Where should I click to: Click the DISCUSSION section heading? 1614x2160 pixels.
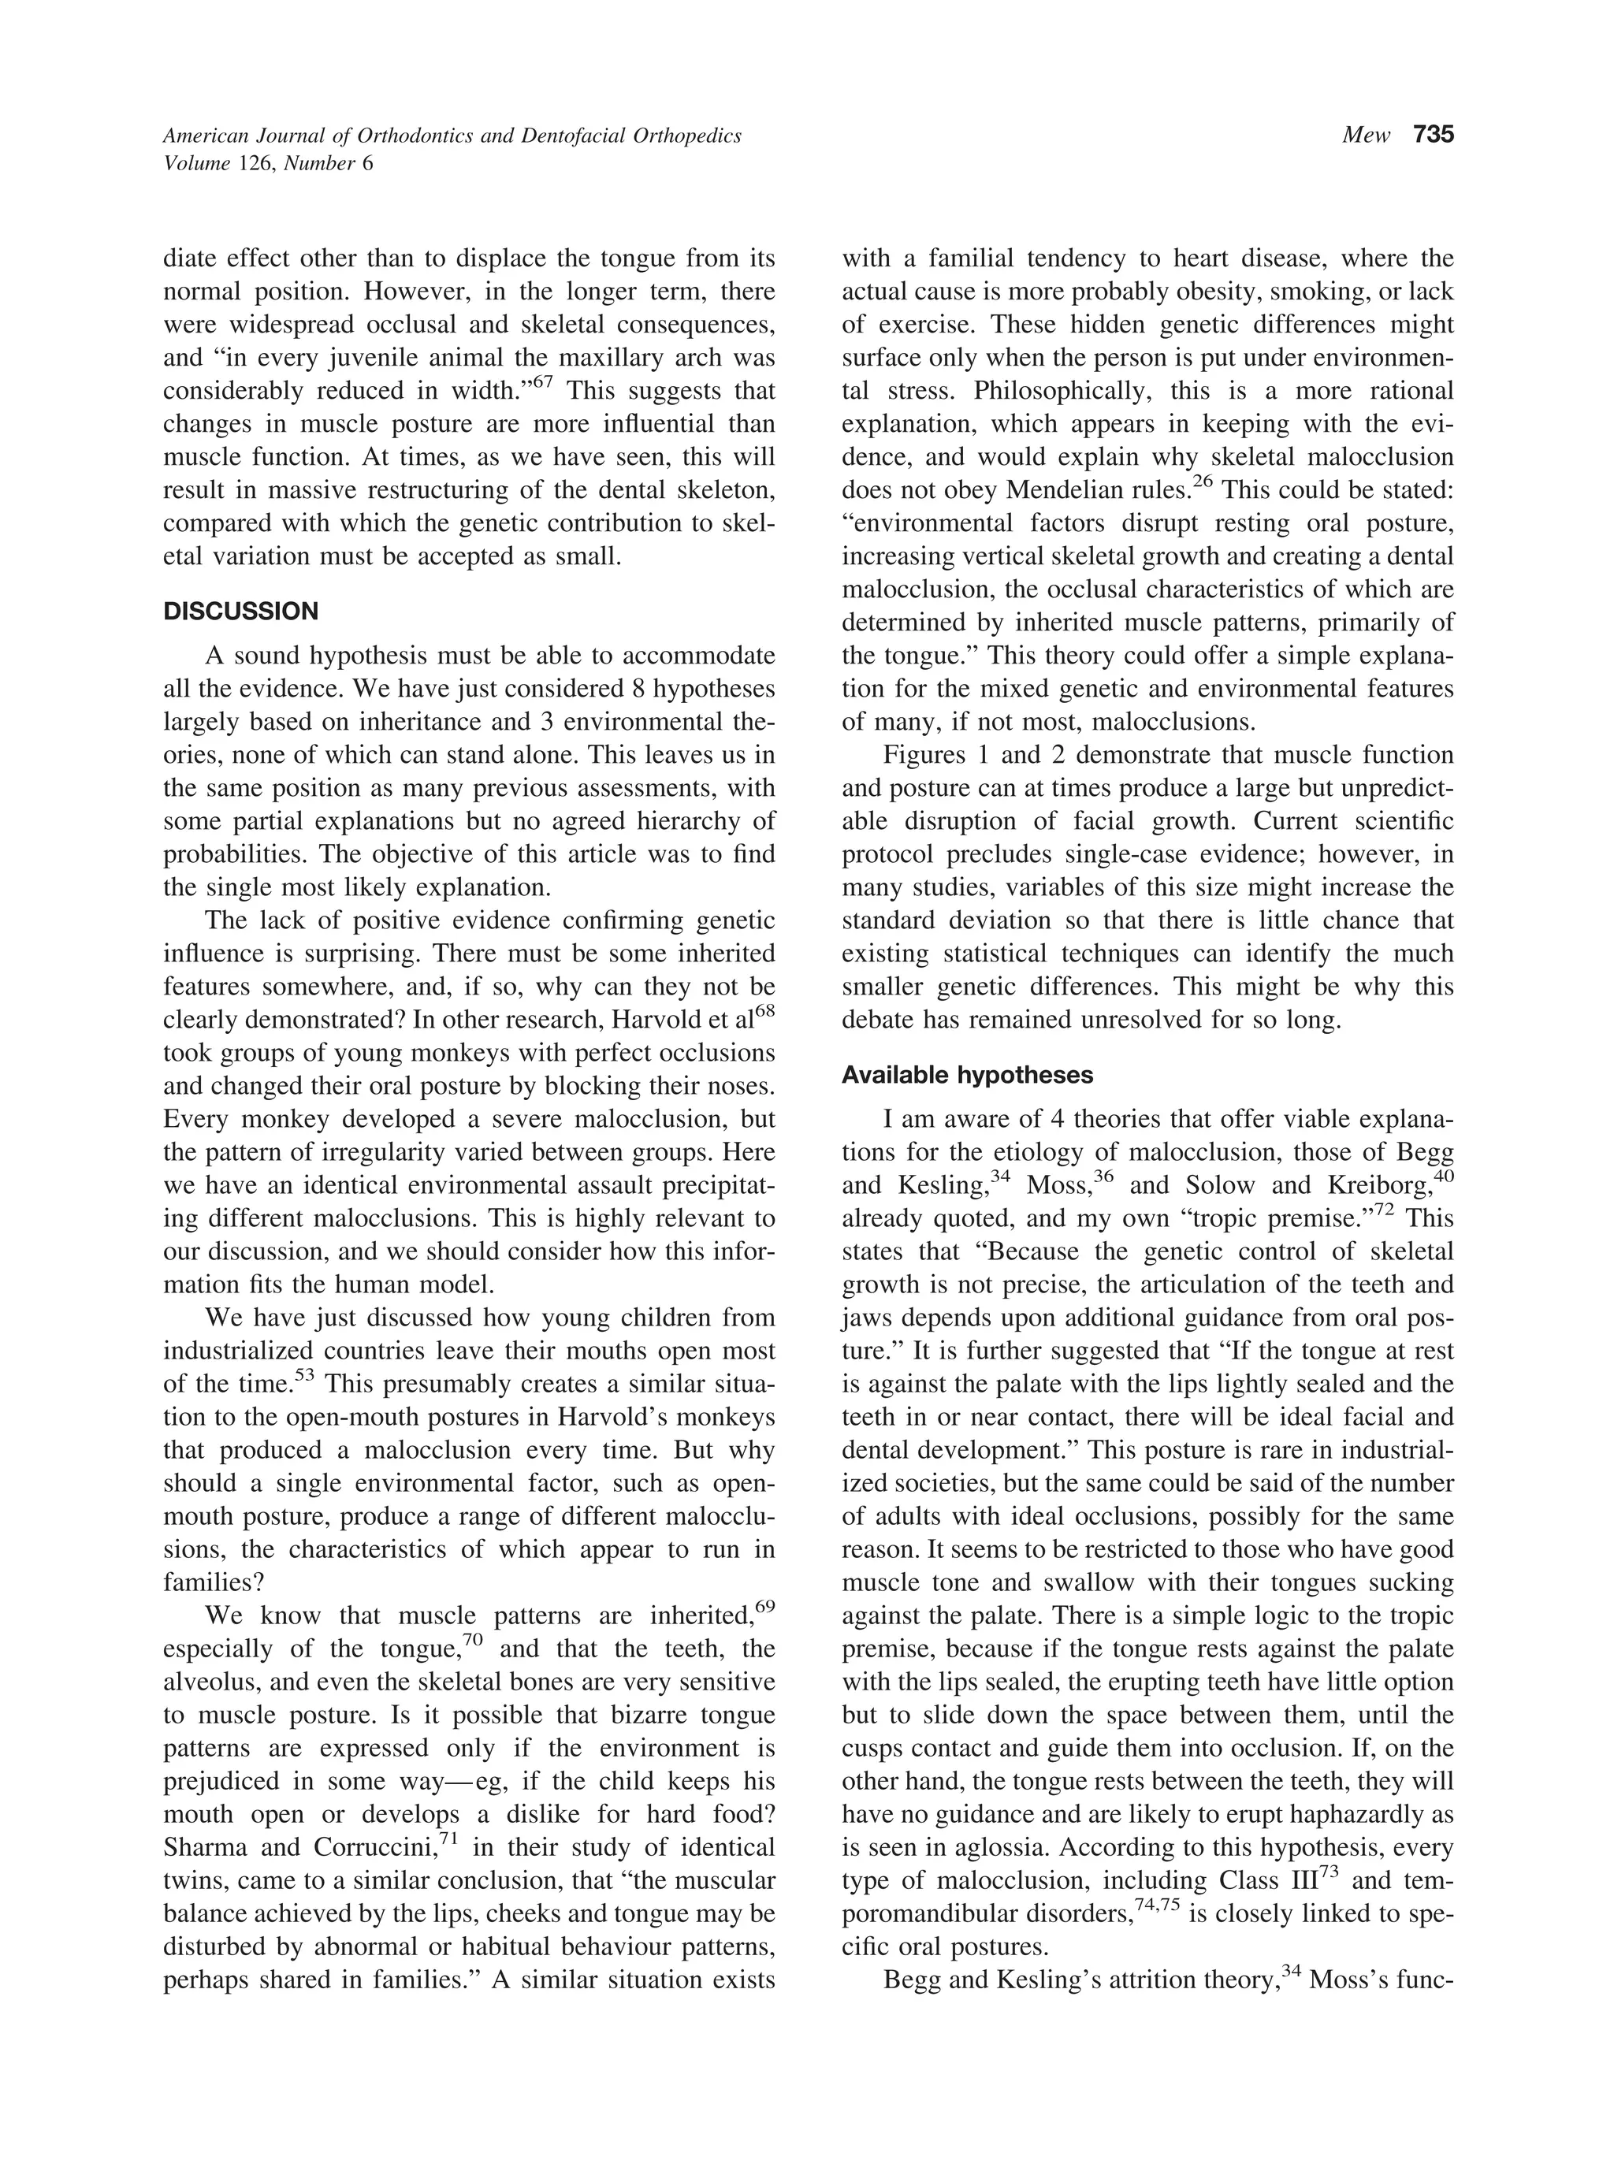coord(240,612)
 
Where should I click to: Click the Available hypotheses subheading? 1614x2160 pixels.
coord(967,1075)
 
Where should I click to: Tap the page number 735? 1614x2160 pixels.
coord(1433,135)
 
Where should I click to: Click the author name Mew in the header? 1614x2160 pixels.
coord(1365,136)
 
